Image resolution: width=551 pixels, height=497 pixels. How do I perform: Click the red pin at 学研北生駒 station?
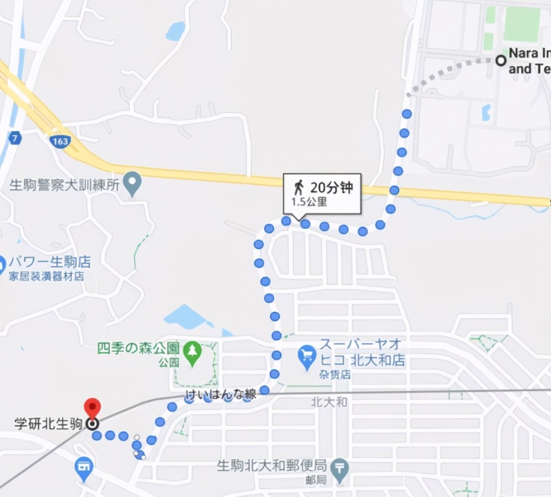92,407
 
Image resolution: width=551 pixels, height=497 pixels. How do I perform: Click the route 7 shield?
15,138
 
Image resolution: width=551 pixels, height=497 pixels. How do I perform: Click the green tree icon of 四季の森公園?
192,350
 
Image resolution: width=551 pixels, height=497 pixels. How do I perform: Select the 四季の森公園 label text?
138,349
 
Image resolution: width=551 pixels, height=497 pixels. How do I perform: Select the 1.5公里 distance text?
309,202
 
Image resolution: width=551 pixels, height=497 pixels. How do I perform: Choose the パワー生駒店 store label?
51,262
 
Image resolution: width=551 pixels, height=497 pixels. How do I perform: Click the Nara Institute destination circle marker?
501,61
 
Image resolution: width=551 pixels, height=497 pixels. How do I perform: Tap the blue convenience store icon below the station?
84,466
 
